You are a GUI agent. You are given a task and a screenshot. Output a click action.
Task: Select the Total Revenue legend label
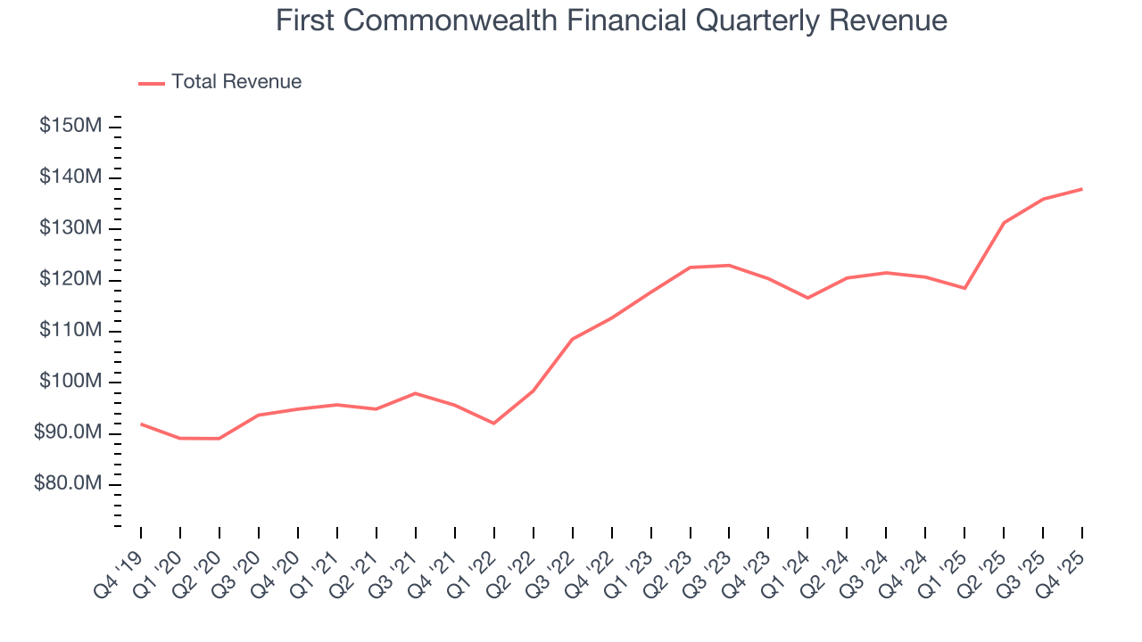(x=236, y=82)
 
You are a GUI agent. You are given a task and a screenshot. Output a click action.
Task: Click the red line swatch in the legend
(x=152, y=83)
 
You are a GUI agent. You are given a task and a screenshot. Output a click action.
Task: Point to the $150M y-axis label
(x=70, y=126)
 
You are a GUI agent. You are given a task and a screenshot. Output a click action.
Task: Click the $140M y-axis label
(x=70, y=177)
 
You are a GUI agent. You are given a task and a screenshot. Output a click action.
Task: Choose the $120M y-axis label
(x=70, y=280)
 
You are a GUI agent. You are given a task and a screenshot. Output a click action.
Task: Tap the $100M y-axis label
(x=70, y=383)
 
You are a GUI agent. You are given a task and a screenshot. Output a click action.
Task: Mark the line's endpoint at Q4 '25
(x=1082, y=189)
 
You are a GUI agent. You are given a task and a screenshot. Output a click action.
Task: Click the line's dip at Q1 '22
(x=493, y=423)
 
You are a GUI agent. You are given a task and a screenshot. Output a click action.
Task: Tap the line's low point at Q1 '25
(x=964, y=288)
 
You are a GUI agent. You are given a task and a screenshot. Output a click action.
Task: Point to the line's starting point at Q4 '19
(x=141, y=424)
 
